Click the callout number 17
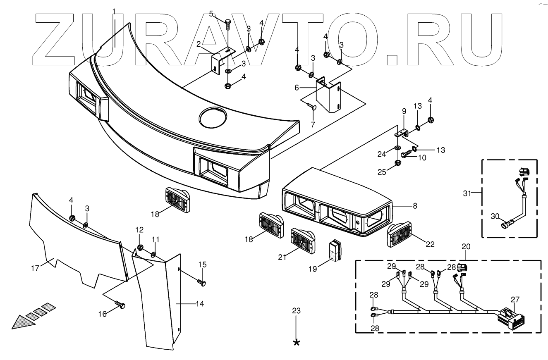pos(34,268)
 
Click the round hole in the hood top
pos(213,117)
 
